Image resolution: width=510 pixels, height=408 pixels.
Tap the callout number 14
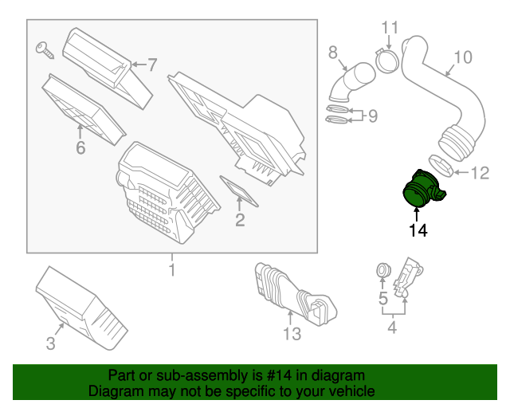click(418, 231)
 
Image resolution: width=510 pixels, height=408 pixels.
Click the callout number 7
click(151, 64)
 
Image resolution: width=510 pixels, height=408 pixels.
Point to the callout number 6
click(80, 147)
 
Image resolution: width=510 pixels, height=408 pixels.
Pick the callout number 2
click(239, 219)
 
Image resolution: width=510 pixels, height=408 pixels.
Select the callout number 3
click(50, 343)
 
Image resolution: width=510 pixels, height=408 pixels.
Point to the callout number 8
click(334, 53)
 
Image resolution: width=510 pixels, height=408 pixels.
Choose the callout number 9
click(371, 116)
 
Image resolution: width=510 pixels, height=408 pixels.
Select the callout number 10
click(462, 57)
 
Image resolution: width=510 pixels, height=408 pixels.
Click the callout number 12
click(480, 172)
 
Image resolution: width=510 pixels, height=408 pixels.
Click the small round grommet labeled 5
click(382, 273)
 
